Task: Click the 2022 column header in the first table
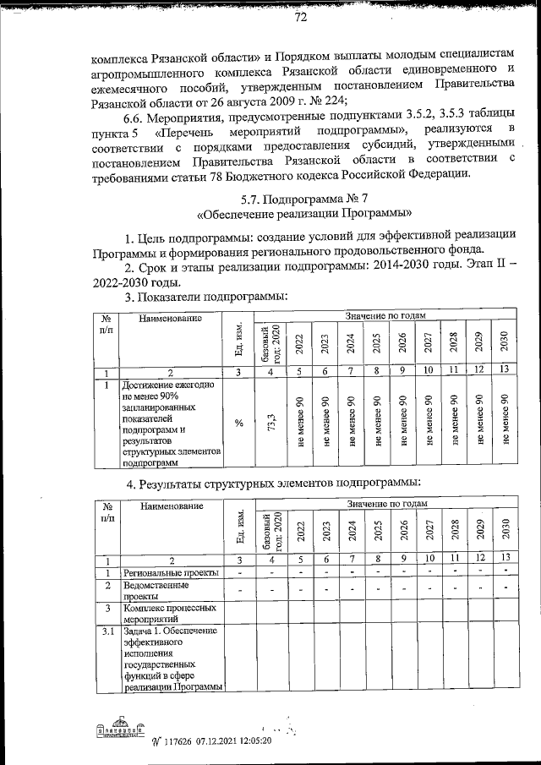click(299, 345)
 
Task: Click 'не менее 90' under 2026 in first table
click(402, 422)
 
